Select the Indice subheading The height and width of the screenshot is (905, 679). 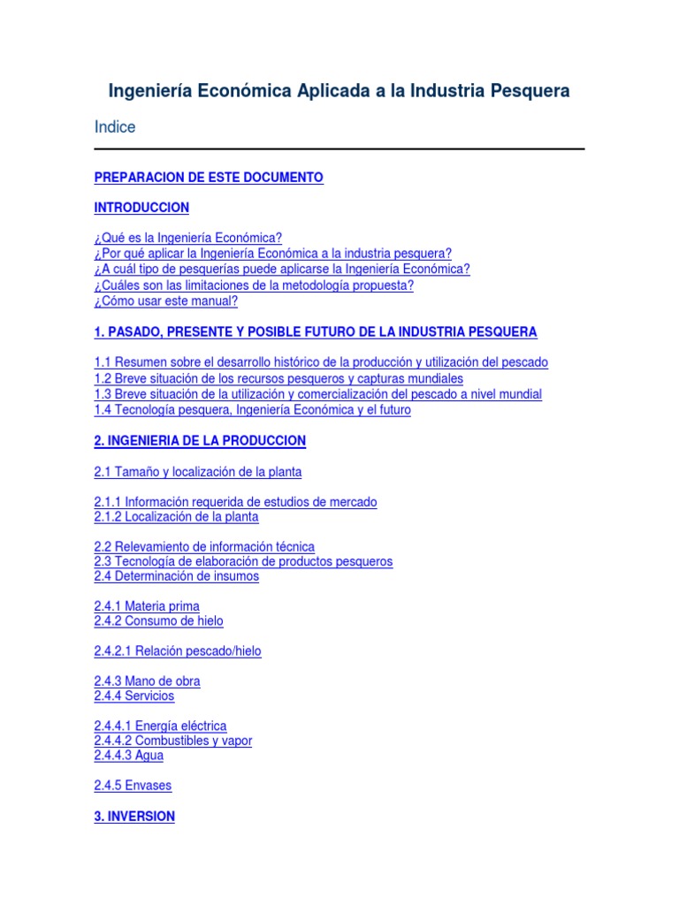click(x=115, y=127)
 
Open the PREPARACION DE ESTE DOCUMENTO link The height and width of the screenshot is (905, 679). click(x=209, y=178)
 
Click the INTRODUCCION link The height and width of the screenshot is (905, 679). click(x=141, y=208)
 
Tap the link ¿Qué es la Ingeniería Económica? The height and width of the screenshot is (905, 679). click(x=187, y=239)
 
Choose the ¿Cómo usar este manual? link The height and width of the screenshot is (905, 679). click(x=166, y=301)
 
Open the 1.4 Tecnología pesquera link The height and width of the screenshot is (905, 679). click(x=252, y=410)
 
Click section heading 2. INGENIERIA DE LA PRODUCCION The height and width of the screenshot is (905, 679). click(x=200, y=440)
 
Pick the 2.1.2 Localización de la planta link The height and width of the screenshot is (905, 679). click(x=176, y=517)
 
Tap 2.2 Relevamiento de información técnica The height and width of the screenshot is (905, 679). click(x=204, y=547)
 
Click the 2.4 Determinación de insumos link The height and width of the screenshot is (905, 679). click(x=177, y=576)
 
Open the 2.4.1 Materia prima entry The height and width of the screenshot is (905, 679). click(x=147, y=606)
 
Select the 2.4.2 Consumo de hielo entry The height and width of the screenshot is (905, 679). click(x=159, y=621)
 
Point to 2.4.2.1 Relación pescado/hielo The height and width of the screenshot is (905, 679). click(x=178, y=651)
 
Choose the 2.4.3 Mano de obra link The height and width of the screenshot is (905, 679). click(x=147, y=681)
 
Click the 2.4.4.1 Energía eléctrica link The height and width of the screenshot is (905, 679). click(x=160, y=726)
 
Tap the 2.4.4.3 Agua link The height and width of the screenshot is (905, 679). click(x=129, y=756)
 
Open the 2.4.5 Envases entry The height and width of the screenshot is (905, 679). click(x=133, y=786)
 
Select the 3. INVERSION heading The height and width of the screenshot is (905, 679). click(x=134, y=817)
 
